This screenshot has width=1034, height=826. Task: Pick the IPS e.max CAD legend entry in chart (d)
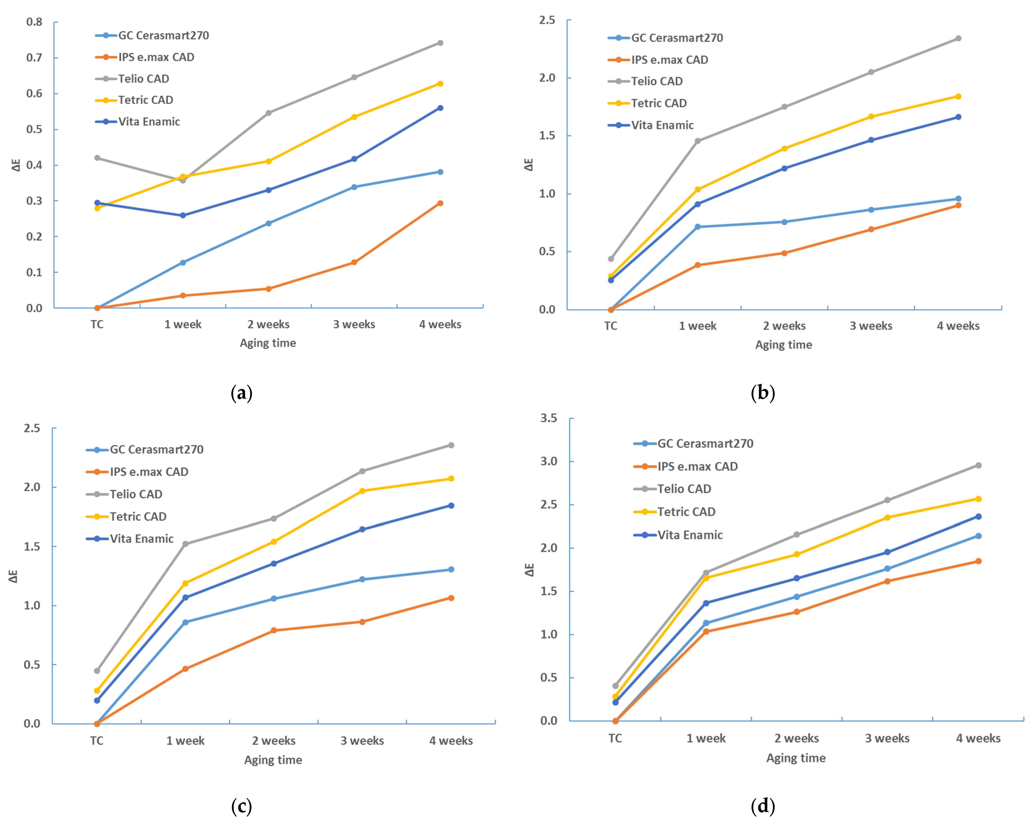pos(697,467)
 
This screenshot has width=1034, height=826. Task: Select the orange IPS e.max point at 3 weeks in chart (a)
pos(354,263)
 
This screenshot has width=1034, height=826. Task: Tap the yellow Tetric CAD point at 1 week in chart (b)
pos(698,190)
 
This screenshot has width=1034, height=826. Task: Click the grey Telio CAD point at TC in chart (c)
pos(97,671)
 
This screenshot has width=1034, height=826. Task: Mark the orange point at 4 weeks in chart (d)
pos(978,561)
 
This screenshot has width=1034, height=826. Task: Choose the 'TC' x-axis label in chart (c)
pos(97,741)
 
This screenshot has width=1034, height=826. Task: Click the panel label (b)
pos(762,393)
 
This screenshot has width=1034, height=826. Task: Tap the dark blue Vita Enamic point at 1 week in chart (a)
pos(183,215)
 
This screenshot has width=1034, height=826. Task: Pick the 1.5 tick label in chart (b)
pos(547,136)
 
